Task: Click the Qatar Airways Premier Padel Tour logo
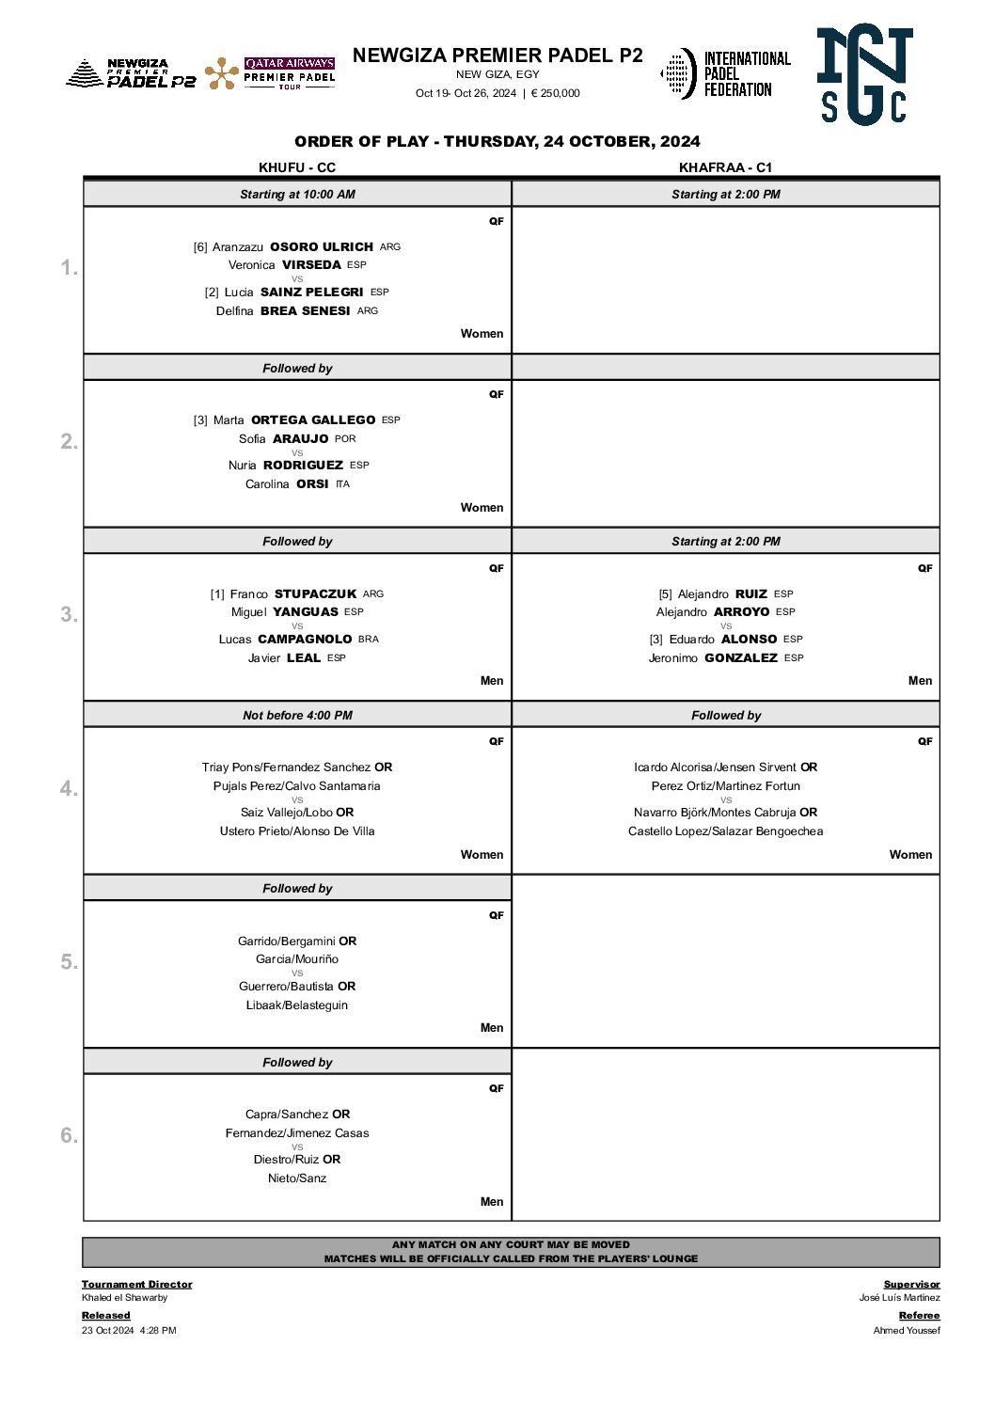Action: point(270,73)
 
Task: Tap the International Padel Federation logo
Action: point(725,73)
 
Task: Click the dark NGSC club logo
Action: point(864,74)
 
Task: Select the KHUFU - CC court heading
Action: point(297,167)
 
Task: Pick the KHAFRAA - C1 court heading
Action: point(725,167)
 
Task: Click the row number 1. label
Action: point(70,268)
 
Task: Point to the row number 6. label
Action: point(70,1135)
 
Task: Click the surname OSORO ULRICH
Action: point(322,246)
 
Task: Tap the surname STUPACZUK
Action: point(315,593)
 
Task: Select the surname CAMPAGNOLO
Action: point(305,639)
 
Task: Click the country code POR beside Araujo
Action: point(345,438)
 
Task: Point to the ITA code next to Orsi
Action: point(342,484)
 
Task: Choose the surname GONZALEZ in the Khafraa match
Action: point(741,657)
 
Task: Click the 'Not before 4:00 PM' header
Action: point(297,715)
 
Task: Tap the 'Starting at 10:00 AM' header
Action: point(297,195)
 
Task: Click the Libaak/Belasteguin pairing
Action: point(297,1005)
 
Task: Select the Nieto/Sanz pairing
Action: point(297,1179)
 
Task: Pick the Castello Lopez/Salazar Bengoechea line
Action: point(725,831)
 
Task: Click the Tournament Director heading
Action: point(136,1284)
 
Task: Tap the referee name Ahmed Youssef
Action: point(906,1330)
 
